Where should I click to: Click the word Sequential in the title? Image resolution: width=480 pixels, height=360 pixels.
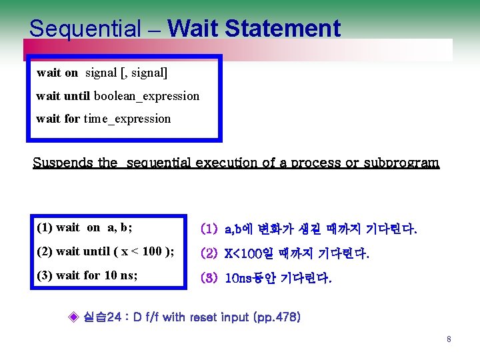(85, 29)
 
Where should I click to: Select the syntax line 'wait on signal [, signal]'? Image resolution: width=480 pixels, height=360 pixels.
(101, 73)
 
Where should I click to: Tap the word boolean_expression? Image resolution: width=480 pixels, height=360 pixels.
(146, 96)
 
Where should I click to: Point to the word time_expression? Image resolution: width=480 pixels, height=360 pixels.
(127, 119)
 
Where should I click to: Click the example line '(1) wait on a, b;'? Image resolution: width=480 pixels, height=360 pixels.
(84, 227)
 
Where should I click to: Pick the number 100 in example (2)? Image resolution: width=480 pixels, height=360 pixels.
(153, 251)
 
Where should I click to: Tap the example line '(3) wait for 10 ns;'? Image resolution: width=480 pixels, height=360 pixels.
(87, 275)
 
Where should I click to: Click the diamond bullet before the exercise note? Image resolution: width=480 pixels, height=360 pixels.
(75, 316)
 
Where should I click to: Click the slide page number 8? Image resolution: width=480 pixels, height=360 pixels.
(449, 340)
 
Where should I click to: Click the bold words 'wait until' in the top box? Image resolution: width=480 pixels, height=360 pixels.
(63, 96)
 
